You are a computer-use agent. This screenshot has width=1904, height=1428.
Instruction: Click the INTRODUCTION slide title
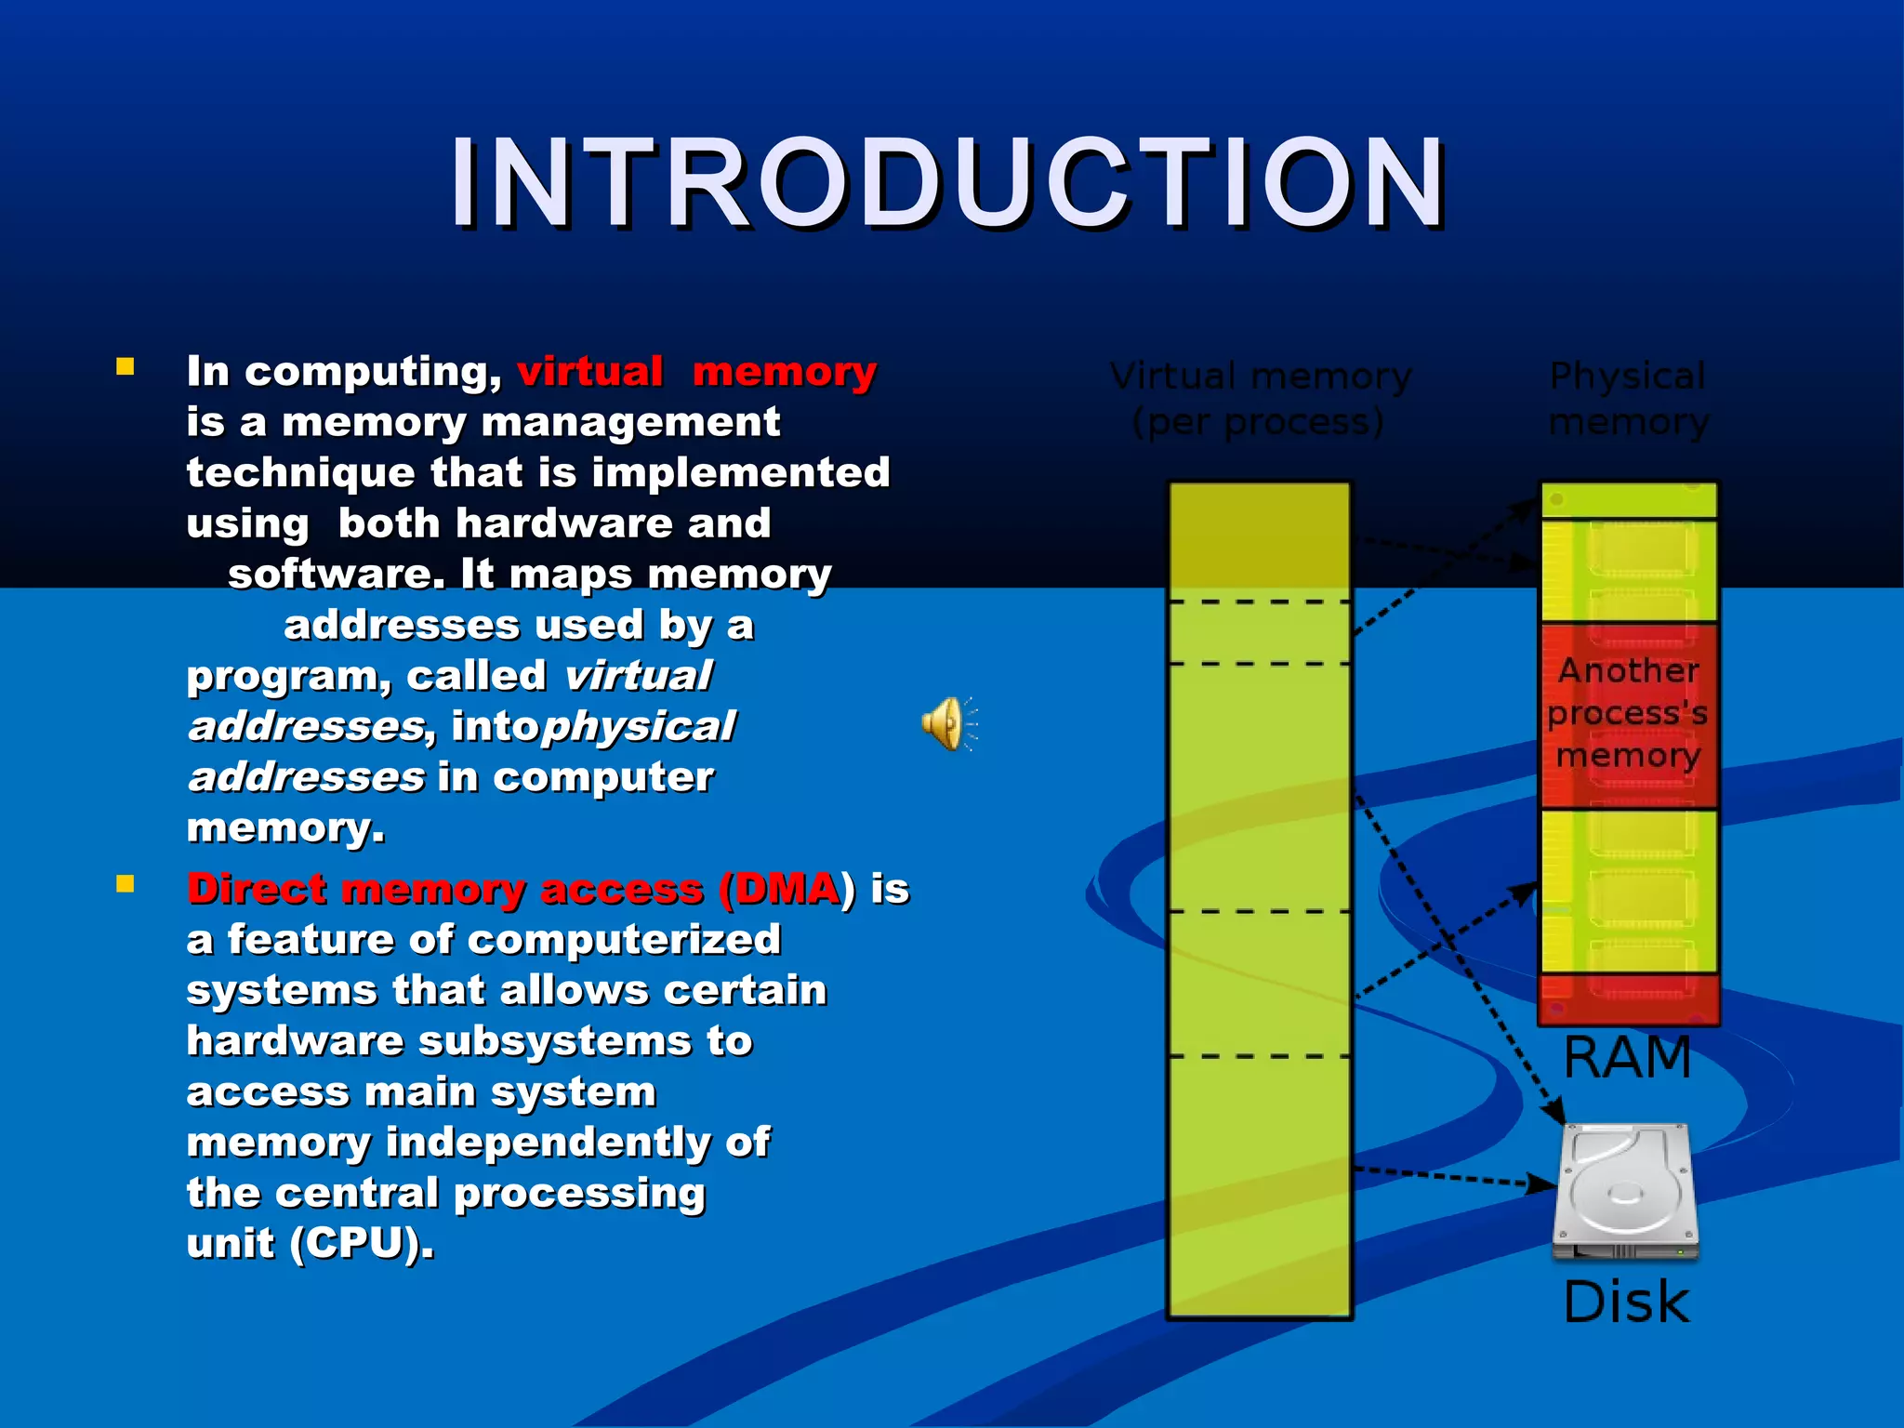pos(948,183)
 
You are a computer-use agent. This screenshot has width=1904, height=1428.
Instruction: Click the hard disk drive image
pos(1625,1193)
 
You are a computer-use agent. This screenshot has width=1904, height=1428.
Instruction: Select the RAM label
pos(1627,1058)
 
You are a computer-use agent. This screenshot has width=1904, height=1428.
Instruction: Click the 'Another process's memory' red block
pos(1628,714)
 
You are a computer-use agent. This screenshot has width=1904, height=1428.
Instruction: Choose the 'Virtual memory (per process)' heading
pos(1260,399)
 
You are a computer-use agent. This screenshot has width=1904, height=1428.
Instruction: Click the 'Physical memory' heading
pos(1627,399)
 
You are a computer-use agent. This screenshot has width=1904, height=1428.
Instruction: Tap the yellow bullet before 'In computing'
pos(126,366)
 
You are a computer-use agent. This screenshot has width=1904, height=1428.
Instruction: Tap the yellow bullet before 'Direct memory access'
pos(126,883)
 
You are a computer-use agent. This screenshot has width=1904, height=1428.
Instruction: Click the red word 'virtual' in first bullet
pos(590,372)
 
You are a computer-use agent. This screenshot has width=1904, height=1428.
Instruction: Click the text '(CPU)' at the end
pos(362,1244)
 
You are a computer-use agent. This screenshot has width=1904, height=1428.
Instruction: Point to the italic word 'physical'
pos(640,727)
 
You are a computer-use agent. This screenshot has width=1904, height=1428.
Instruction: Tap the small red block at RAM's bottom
pos(1628,999)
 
